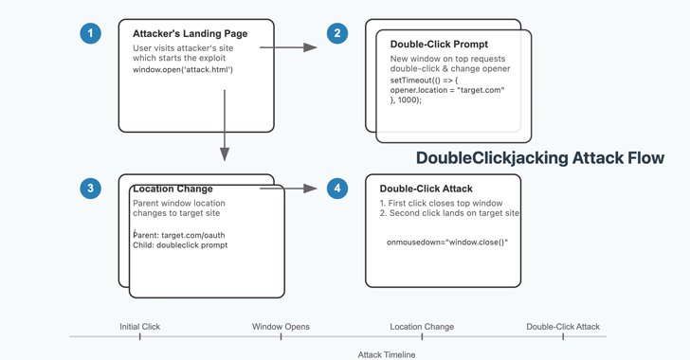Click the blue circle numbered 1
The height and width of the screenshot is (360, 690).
91,34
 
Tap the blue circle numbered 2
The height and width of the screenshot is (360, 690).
336,34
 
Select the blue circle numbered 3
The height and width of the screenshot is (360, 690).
91,189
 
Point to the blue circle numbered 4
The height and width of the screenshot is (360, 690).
338,189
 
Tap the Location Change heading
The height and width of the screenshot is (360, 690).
172,189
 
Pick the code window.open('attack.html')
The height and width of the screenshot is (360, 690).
183,70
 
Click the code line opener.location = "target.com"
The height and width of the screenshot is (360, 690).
447,90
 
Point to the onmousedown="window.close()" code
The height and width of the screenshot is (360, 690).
447,243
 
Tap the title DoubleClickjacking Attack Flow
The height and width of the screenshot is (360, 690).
541,158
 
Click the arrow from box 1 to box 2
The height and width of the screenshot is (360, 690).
288,45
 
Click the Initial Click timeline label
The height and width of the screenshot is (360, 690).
139,327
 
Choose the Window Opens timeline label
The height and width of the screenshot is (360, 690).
281,327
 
